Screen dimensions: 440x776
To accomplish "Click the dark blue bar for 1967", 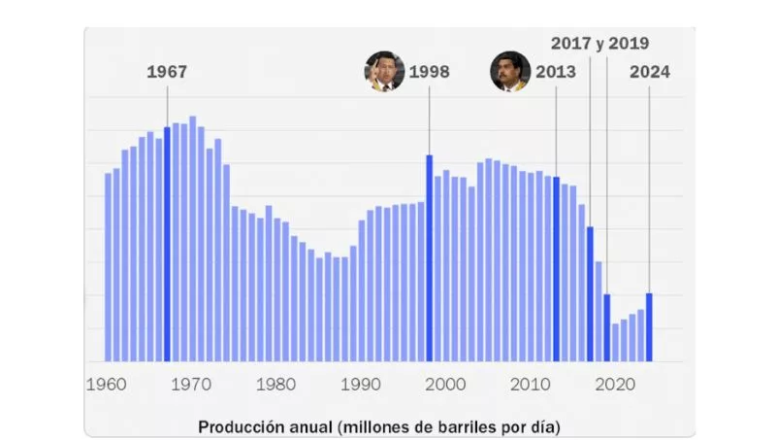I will (167, 243).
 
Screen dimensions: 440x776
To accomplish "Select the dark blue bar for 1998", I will (429, 257).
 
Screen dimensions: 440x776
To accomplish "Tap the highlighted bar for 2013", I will (556, 268).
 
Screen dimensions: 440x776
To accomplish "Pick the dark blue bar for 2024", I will (649, 326).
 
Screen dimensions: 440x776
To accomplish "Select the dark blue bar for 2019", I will (607, 326).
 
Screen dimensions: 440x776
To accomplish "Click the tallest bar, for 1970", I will (192, 238).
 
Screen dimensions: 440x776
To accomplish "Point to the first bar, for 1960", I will (108, 267).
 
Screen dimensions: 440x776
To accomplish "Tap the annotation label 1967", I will (167, 72).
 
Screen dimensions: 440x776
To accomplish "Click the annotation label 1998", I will (429, 72).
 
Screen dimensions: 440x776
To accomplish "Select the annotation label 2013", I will (555, 72).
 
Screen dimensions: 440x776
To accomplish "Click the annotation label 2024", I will (649, 72).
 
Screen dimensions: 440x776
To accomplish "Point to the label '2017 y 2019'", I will (599, 44).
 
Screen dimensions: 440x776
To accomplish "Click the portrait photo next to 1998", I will (384, 72).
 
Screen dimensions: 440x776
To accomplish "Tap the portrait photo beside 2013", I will (510, 72).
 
